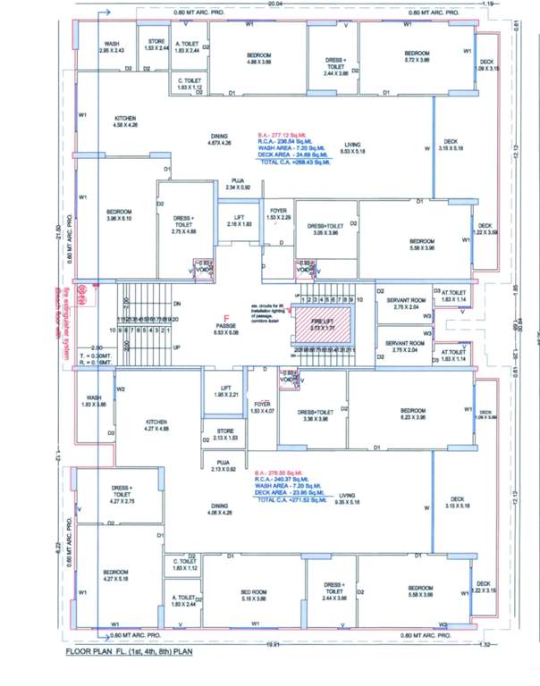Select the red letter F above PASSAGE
227,318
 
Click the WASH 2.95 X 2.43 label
112,47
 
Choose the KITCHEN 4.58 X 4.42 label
124,122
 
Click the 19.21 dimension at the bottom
274,642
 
